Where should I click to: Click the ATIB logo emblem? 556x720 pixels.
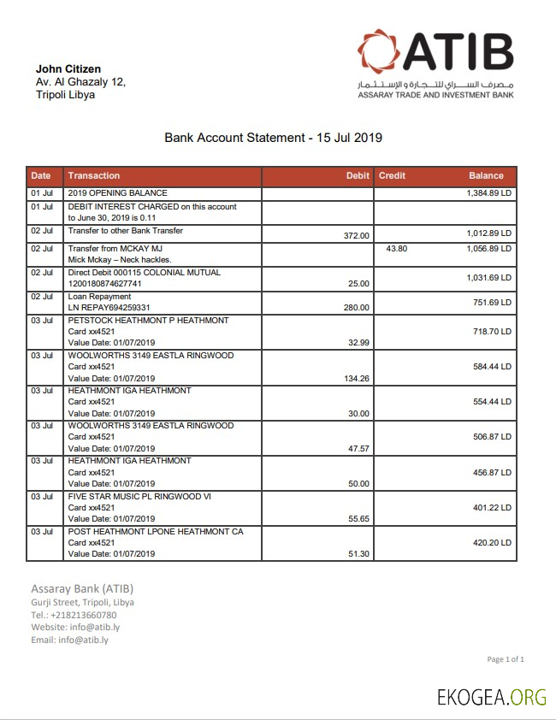tap(380, 53)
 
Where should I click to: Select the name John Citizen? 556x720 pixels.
tap(68, 68)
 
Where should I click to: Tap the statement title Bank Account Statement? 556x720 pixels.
tap(273, 137)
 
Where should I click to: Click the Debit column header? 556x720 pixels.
tap(358, 175)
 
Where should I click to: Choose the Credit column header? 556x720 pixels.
tap(392, 175)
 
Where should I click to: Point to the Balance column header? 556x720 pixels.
tap(486, 175)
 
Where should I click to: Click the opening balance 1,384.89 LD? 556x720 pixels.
tap(488, 194)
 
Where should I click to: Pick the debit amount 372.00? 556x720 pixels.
tap(356, 236)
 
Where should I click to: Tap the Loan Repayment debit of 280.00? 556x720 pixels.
tap(356, 308)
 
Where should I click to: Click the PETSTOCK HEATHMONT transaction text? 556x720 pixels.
tap(148, 320)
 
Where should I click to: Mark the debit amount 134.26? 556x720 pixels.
tap(355, 378)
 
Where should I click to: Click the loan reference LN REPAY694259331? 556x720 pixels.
tap(109, 308)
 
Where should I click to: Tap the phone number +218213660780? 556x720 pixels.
tap(84, 615)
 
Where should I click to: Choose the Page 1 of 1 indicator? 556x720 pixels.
tap(505, 659)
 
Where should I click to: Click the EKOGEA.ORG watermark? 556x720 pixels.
tap(491, 696)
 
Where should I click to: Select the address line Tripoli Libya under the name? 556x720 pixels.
tap(65, 95)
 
